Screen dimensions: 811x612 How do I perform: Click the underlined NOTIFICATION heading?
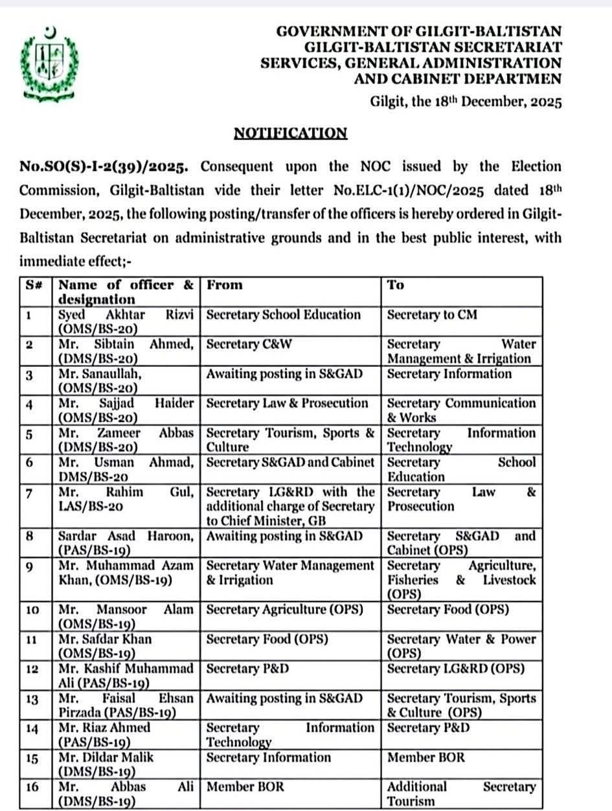point(290,133)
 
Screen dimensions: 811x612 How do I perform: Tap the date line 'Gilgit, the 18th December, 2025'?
point(466,102)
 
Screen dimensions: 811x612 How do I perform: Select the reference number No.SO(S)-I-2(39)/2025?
point(104,167)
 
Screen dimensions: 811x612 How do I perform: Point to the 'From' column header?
point(224,285)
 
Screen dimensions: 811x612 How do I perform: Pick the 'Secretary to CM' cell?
point(432,315)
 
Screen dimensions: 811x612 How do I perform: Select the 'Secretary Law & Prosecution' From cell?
point(287,403)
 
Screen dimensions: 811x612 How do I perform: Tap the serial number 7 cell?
point(29,493)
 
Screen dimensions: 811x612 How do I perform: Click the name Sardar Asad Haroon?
point(126,537)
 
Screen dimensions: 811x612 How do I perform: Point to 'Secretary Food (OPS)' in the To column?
point(448,610)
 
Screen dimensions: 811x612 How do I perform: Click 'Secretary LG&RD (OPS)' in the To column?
point(456,669)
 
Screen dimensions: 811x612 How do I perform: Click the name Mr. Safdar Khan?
point(105,639)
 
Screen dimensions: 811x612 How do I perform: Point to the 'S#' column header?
point(34,285)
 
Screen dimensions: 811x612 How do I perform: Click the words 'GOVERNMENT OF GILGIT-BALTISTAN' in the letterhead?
point(419,30)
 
